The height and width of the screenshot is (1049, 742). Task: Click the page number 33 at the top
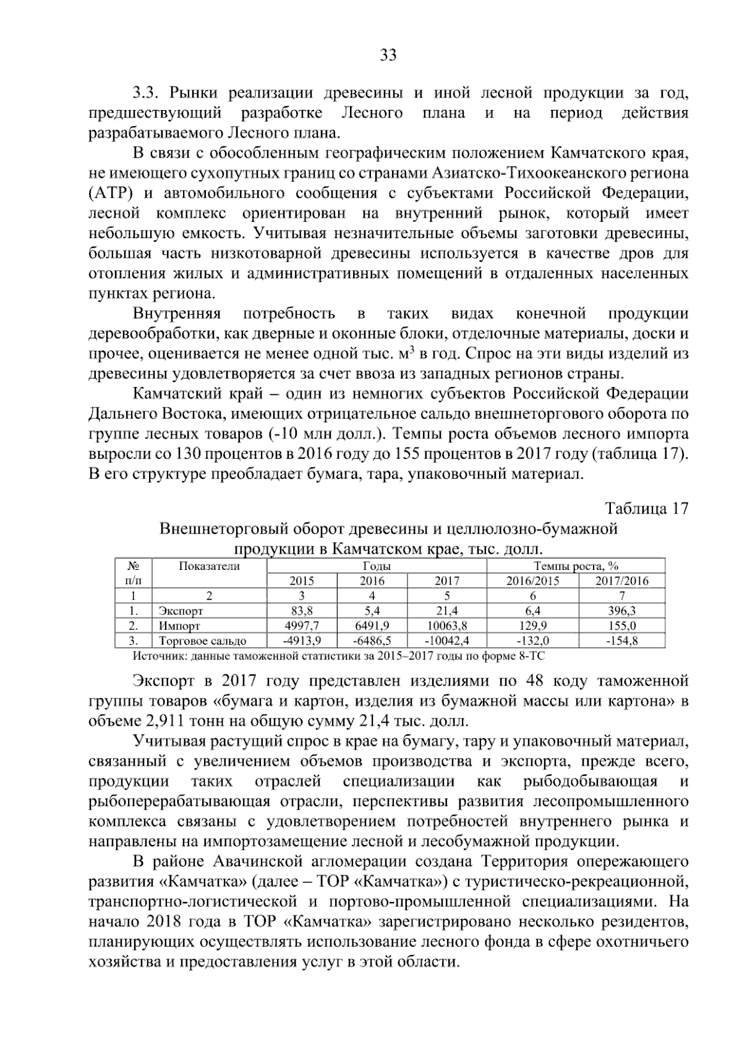tap(388, 55)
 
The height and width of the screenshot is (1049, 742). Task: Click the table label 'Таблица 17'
tap(646, 508)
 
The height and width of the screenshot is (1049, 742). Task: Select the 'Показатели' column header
tap(209, 566)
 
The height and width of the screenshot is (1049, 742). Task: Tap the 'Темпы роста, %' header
tap(576, 566)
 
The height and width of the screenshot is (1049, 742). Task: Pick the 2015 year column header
tap(302, 580)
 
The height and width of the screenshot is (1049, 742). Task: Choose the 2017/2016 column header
tap(621, 580)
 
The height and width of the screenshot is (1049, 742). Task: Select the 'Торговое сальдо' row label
tap(202, 640)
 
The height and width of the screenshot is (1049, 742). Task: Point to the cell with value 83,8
tap(302, 611)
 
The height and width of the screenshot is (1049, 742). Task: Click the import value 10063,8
tap(447, 626)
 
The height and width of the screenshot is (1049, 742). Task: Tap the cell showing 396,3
tap(621, 611)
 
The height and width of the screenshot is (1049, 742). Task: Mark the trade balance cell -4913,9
tap(302, 640)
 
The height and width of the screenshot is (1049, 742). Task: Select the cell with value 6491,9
tap(372, 626)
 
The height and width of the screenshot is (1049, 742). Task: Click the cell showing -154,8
tap(621, 640)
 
